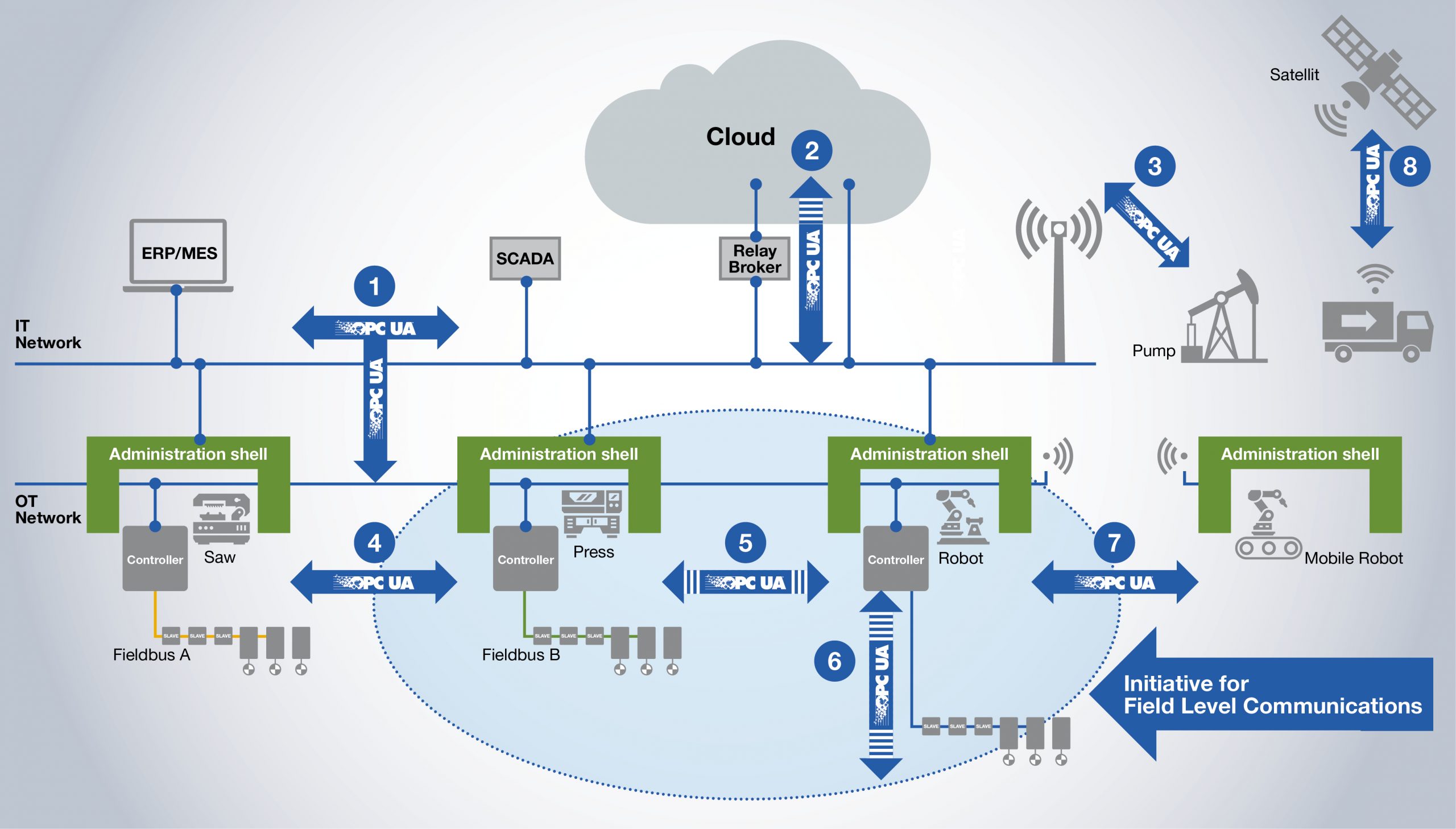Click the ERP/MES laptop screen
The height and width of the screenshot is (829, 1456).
click(179, 252)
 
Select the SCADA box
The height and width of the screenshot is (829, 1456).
click(524, 258)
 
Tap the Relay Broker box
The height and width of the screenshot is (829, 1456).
click(755, 259)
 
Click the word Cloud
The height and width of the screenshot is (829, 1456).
click(741, 137)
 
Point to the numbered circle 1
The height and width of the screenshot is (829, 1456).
click(374, 286)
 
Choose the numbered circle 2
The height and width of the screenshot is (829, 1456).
click(812, 151)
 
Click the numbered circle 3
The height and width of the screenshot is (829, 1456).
click(1155, 166)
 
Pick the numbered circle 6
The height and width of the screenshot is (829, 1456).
click(834, 661)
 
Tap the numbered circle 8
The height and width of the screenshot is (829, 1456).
click(1409, 166)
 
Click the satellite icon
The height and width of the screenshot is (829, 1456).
click(1377, 74)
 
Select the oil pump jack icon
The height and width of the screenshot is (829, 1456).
click(1223, 319)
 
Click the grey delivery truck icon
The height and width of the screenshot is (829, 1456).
click(1377, 330)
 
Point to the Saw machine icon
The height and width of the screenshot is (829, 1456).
click(221, 518)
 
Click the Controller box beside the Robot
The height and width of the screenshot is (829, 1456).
click(896, 559)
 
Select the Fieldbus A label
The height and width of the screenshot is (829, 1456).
click(151, 655)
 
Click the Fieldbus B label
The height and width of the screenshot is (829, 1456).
click(520, 655)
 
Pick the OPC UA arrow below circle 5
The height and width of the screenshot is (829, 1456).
click(746, 583)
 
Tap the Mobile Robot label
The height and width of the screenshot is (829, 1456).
click(1353, 558)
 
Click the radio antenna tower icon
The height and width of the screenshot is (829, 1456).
click(1058, 284)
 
